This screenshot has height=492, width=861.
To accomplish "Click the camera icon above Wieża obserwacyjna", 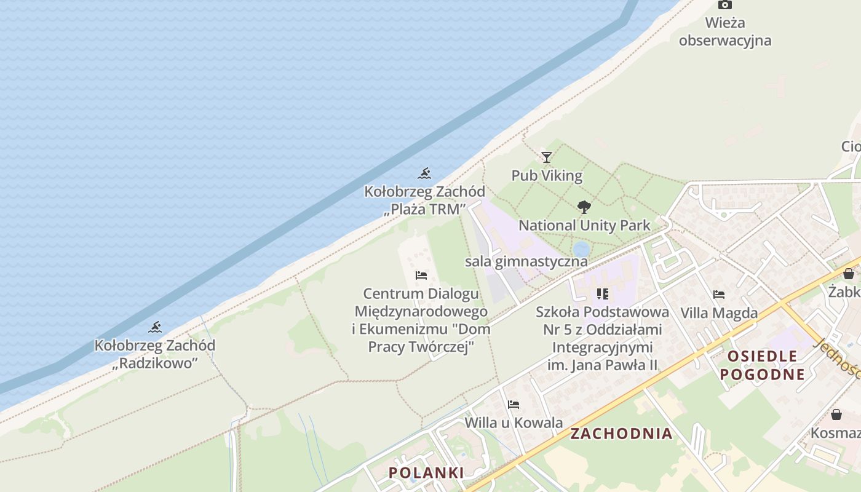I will (725, 5).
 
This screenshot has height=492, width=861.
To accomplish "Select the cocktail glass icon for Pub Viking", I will (546, 157).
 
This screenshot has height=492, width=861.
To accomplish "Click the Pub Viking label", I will (547, 176).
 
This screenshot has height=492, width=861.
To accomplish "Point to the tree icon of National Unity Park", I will (584, 207).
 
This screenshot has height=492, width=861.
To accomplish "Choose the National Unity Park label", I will (584, 226).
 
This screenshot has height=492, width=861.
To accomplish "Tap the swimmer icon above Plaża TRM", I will (424, 173).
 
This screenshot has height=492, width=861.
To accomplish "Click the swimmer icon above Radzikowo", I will (155, 327).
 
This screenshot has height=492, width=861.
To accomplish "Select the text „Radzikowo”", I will (155, 363).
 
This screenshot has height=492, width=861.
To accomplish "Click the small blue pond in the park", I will (581, 249).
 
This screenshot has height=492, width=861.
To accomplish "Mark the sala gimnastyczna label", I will (526, 261).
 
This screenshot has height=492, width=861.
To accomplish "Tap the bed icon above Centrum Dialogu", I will (421, 275).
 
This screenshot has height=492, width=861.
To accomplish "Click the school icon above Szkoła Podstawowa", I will (602, 294).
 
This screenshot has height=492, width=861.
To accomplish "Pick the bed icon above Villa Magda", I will (719, 295).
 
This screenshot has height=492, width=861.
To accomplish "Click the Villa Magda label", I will (719, 313).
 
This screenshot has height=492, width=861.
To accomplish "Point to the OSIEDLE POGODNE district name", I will (762, 365).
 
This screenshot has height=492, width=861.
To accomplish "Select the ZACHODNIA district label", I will (621, 434).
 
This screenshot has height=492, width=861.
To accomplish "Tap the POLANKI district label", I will (426, 472).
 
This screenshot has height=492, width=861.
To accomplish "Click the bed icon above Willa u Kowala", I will (514, 405).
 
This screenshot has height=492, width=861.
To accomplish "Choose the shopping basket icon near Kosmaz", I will (836, 415).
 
